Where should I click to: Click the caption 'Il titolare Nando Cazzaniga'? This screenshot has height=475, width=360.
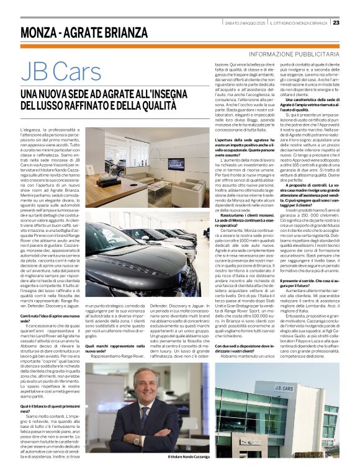[x=189, y=458]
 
